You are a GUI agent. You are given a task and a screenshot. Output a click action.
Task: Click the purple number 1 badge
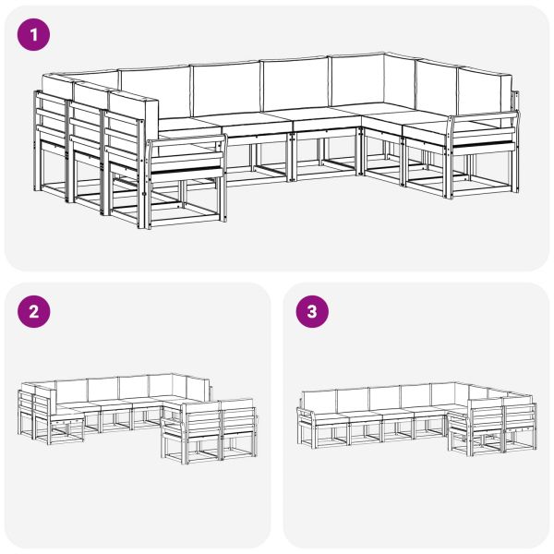[34, 35]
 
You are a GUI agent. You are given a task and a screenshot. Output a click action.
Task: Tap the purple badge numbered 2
[34, 311]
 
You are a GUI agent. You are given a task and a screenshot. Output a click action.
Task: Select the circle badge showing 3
[311, 311]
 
